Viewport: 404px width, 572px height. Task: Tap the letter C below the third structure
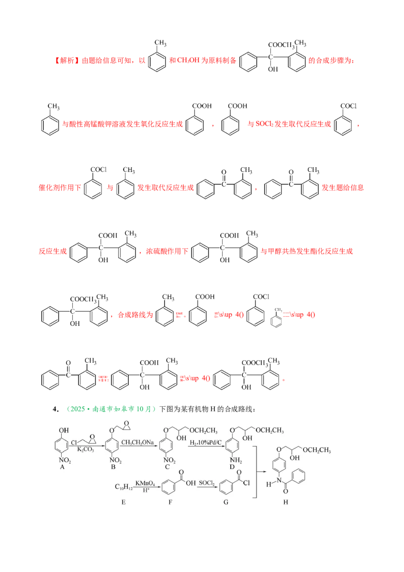pos(167,468)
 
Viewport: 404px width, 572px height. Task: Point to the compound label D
pos(232,468)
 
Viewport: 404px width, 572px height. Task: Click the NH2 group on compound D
pos(233,460)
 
